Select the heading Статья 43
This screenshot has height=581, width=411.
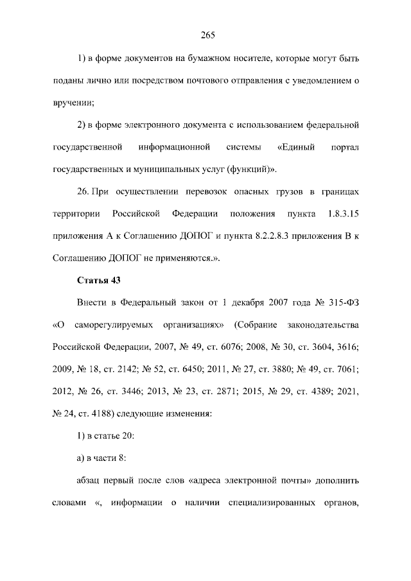[x=99, y=280]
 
